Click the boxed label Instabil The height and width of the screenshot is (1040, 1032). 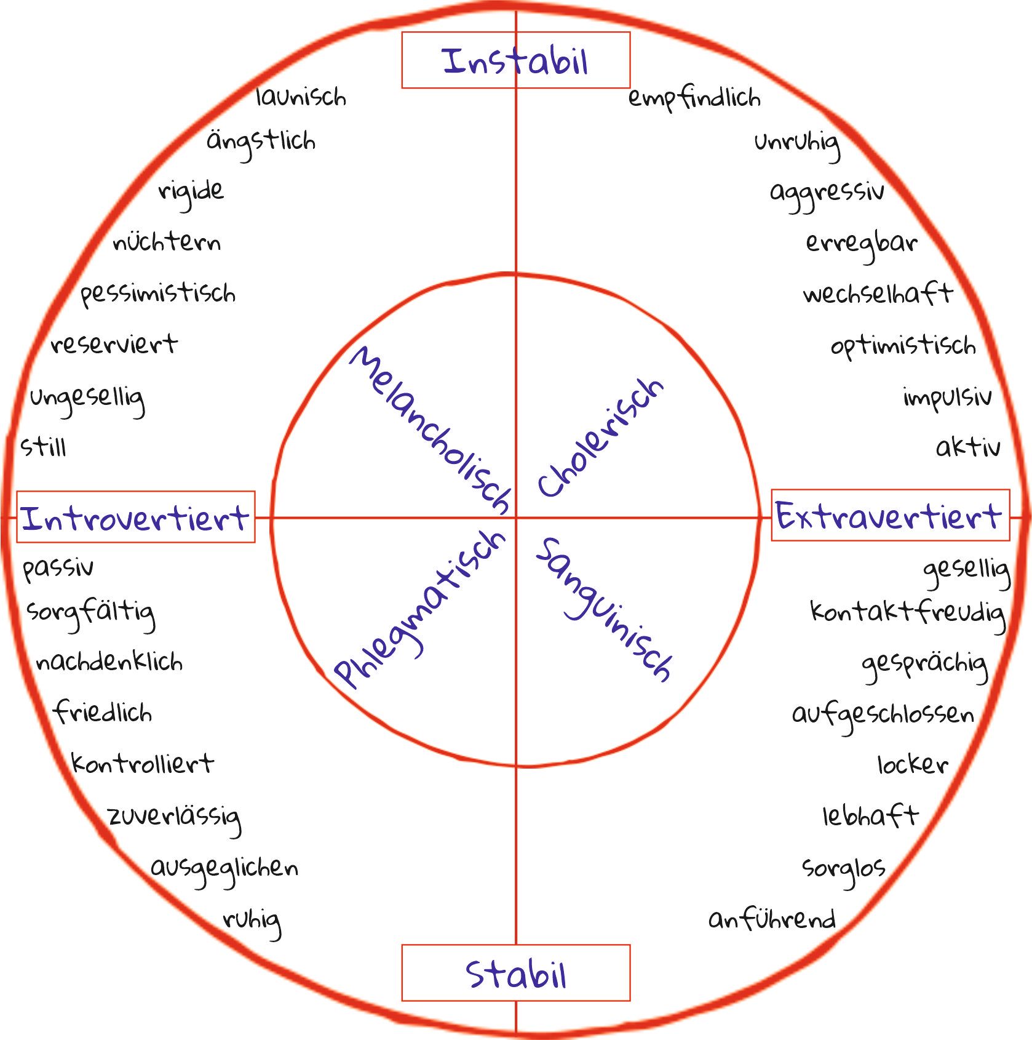[x=515, y=60]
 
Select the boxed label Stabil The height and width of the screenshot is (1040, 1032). [x=515, y=974]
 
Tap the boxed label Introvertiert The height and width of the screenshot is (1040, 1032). [x=135, y=518]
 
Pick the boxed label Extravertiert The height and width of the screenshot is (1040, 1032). [x=889, y=516]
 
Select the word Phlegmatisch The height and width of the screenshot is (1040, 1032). [x=420, y=608]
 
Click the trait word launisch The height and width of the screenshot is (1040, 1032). [x=301, y=97]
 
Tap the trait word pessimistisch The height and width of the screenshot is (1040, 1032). [x=158, y=294]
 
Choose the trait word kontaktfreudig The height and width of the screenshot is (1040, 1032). [x=908, y=613]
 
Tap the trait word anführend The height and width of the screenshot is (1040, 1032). [x=772, y=919]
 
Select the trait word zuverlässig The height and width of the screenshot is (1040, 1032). [x=174, y=817]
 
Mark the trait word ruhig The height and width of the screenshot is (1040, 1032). [x=252, y=921]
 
